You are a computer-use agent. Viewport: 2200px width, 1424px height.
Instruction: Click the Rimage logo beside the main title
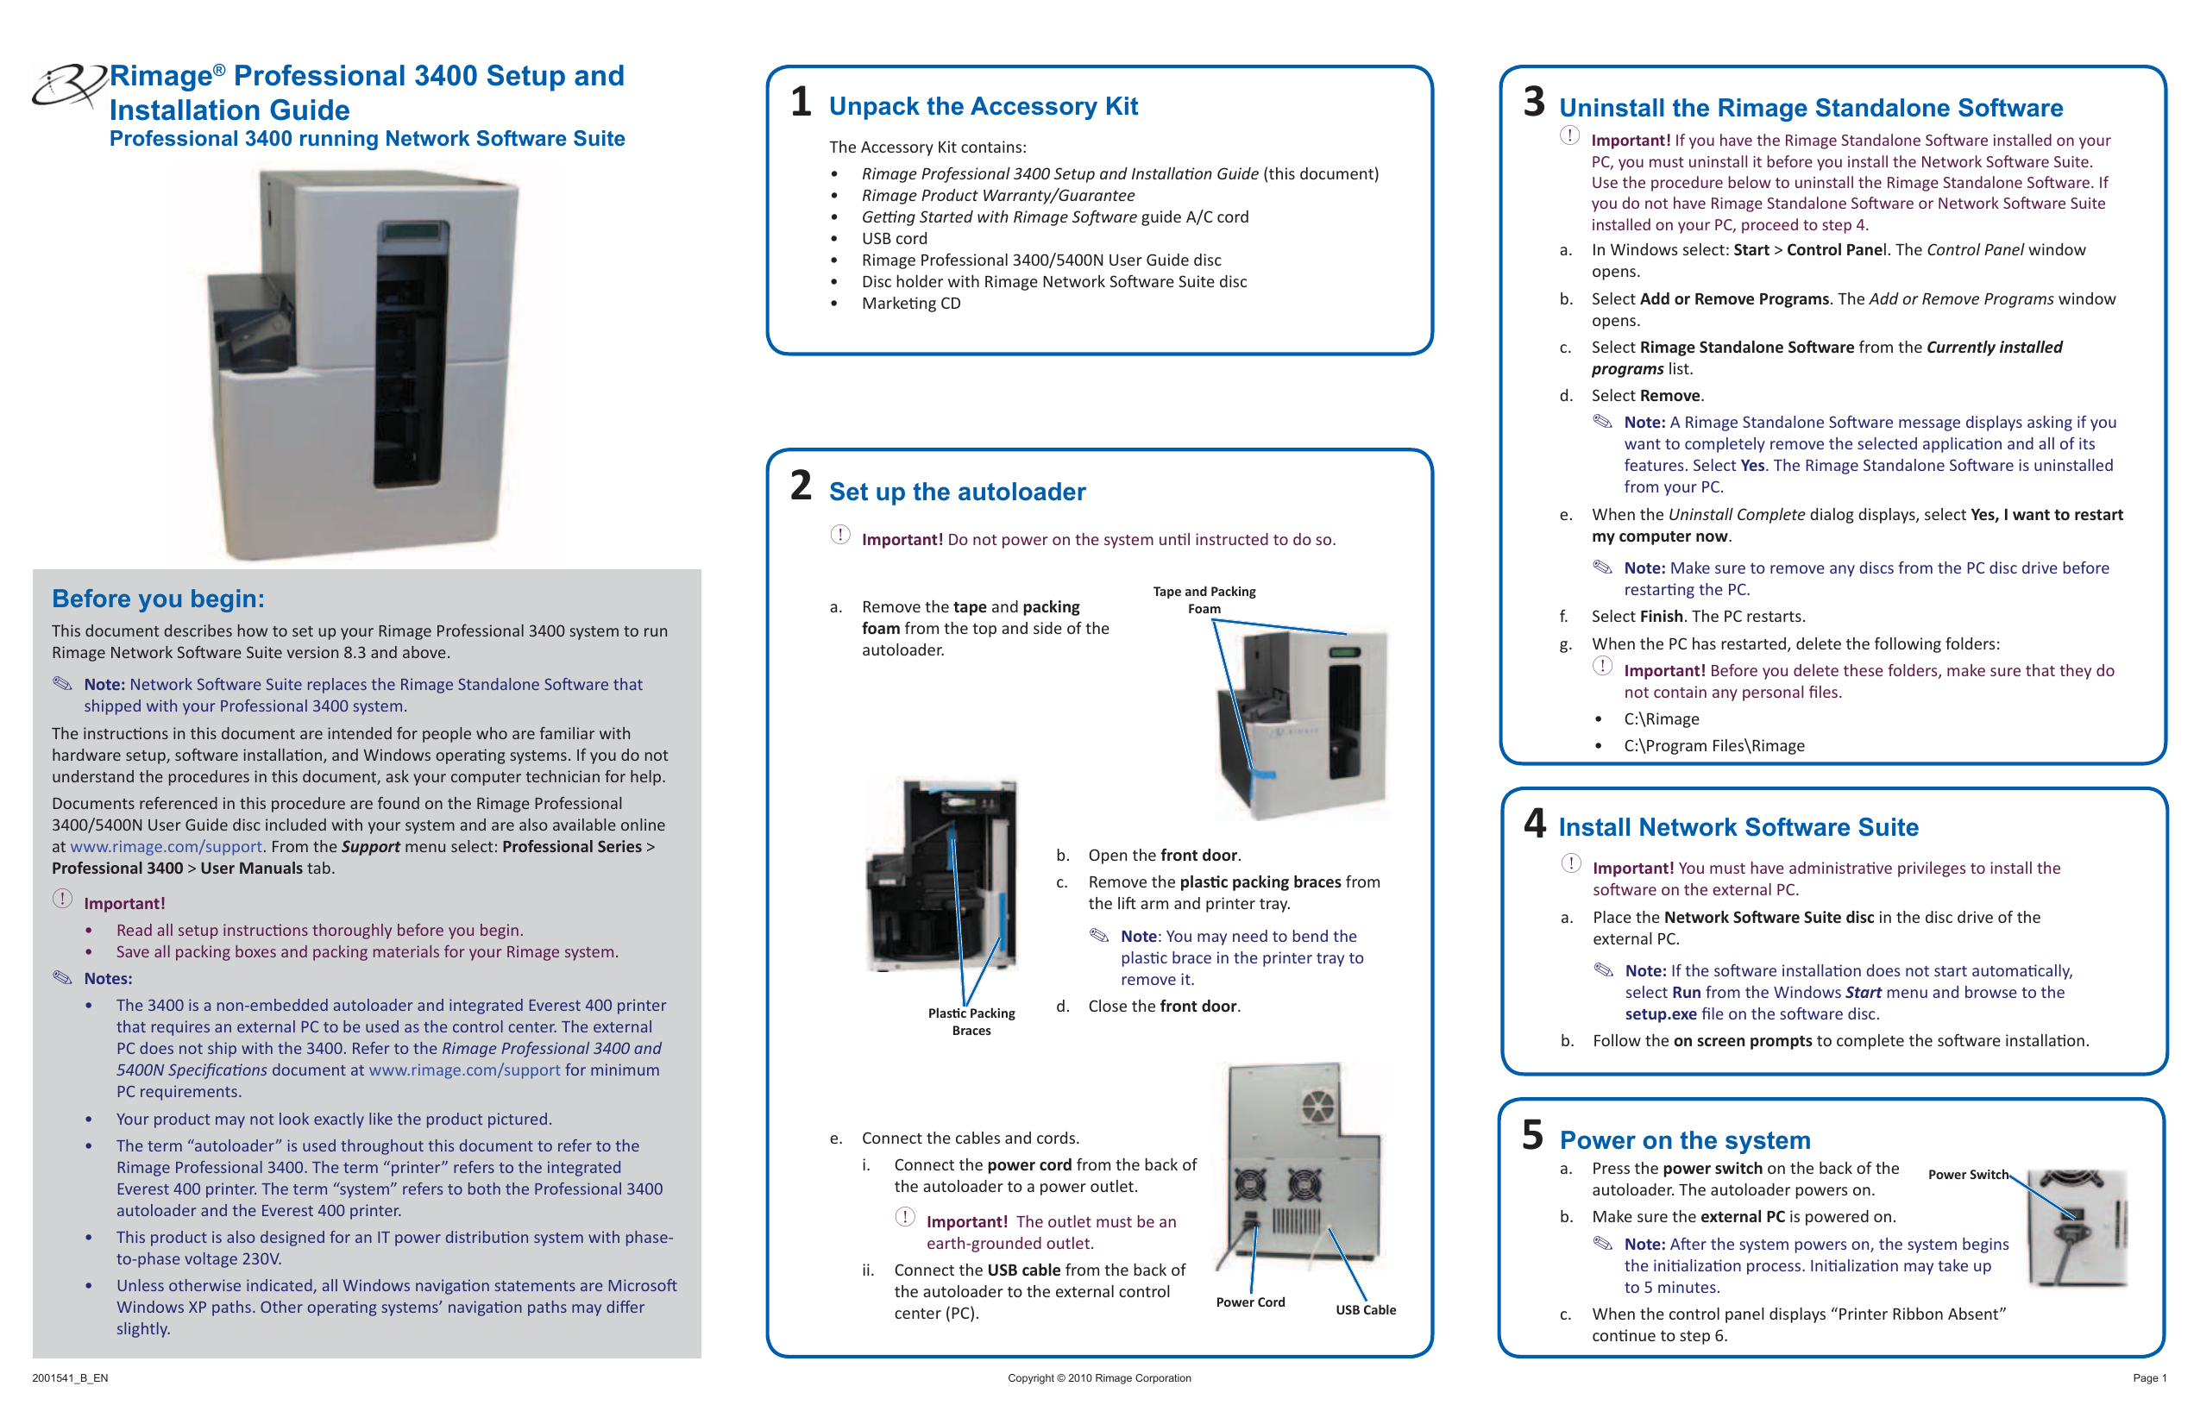[68, 86]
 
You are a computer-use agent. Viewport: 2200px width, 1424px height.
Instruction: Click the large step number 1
[801, 102]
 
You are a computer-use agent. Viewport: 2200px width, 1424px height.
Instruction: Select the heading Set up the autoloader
[957, 492]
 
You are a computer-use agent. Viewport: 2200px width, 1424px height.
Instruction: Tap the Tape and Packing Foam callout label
[1204, 599]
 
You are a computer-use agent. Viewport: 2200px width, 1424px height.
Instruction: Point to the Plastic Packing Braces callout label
[971, 1021]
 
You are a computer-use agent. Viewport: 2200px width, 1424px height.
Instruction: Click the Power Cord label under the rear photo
[1250, 1302]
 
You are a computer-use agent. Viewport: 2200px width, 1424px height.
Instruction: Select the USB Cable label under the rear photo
[1365, 1309]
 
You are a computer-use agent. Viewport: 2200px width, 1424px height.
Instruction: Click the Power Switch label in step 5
[1967, 1175]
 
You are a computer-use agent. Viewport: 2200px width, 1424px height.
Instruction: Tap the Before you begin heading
[158, 599]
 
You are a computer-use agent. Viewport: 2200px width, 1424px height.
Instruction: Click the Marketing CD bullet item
[910, 303]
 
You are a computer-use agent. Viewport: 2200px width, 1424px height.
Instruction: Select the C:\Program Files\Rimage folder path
[1713, 746]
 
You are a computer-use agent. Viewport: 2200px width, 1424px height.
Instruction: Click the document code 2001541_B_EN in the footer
[70, 1377]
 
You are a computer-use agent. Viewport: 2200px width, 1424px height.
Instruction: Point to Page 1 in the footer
[2149, 1377]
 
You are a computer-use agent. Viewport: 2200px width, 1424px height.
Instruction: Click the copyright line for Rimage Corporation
[1099, 1377]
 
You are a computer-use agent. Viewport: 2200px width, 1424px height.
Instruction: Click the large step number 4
[1535, 823]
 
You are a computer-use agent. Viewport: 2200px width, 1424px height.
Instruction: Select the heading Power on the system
[1684, 1140]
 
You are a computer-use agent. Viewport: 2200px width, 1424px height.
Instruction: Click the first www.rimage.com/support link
[167, 846]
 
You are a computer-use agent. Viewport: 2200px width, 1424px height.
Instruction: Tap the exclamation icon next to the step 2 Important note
[839, 535]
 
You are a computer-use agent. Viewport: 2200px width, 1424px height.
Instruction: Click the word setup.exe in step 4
[1660, 1013]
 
